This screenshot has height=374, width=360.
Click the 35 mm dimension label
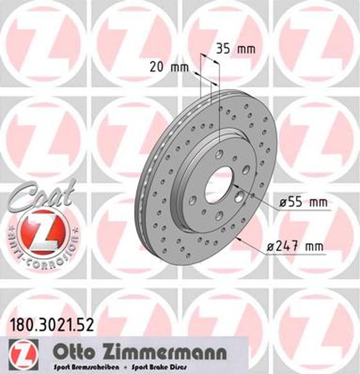click(x=236, y=48)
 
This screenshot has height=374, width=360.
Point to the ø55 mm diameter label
click(x=303, y=203)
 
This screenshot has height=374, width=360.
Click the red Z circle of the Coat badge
click(x=45, y=232)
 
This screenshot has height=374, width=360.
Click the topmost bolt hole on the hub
click(x=219, y=154)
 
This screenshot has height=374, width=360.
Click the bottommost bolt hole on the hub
click(x=219, y=216)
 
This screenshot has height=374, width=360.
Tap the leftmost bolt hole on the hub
click(x=192, y=200)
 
